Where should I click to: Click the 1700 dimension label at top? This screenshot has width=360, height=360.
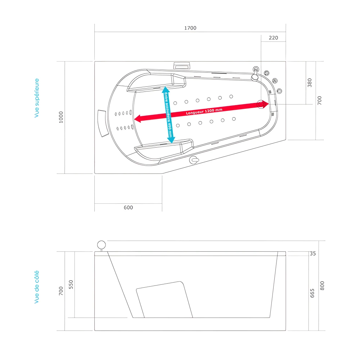click(x=190, y=28)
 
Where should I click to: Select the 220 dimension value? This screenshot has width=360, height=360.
click(x=273, y=38)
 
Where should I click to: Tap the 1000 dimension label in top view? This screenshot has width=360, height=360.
click(x=61, y=117)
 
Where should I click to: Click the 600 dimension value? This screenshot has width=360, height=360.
click(x=128, y=207)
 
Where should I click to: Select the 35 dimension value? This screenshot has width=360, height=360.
click(x=312, y=253)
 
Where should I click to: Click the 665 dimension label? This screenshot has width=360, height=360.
click(x=312, y=293)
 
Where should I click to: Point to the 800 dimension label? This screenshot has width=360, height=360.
click(x=322, y=286)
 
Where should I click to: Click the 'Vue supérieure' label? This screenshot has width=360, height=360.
click(x=37, y=98)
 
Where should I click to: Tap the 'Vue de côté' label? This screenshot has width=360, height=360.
click(x=37, y=287)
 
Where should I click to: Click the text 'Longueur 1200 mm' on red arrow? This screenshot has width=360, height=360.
click(x=204, y=112)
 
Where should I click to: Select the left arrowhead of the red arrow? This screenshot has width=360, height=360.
click(x=137, y=118)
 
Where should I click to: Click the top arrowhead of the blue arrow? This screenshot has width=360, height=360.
click(x=165, y=89)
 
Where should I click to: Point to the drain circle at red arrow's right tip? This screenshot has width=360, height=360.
click(x=262, y=104)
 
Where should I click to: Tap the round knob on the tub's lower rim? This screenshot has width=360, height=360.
click(x=194, y=159)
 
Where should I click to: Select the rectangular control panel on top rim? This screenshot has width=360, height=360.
click(x=182, y=66)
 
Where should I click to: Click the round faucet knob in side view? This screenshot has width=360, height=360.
click(x=102, y=245)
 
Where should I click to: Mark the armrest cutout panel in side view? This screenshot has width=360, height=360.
click(x=164, y=300)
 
